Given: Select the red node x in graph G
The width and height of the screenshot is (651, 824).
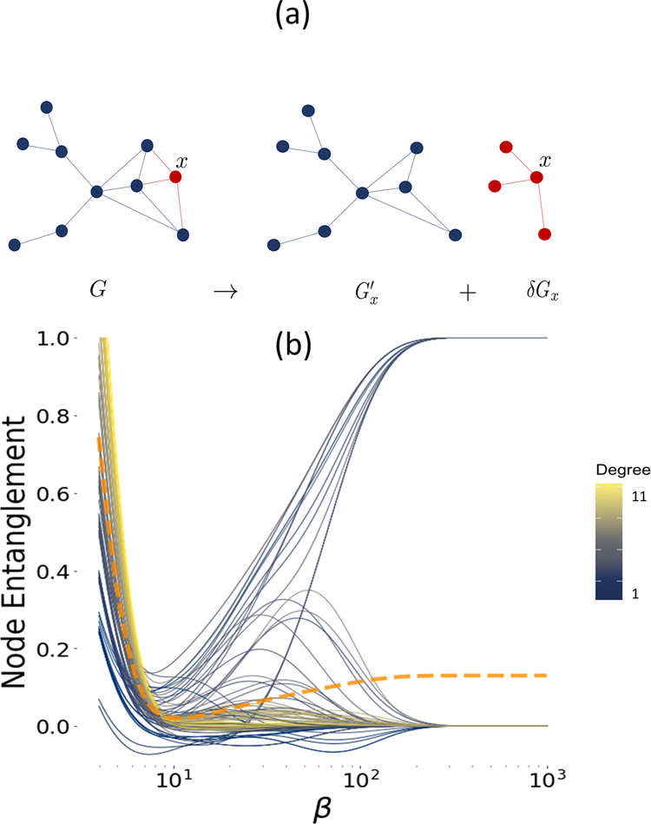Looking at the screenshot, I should [x=175, y=177].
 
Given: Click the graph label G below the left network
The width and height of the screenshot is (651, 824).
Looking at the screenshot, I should [x=96, y=293].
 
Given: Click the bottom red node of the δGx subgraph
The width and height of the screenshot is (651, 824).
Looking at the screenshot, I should [x=544, y=234].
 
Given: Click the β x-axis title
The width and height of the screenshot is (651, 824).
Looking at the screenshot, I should [x=325, y=805].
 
